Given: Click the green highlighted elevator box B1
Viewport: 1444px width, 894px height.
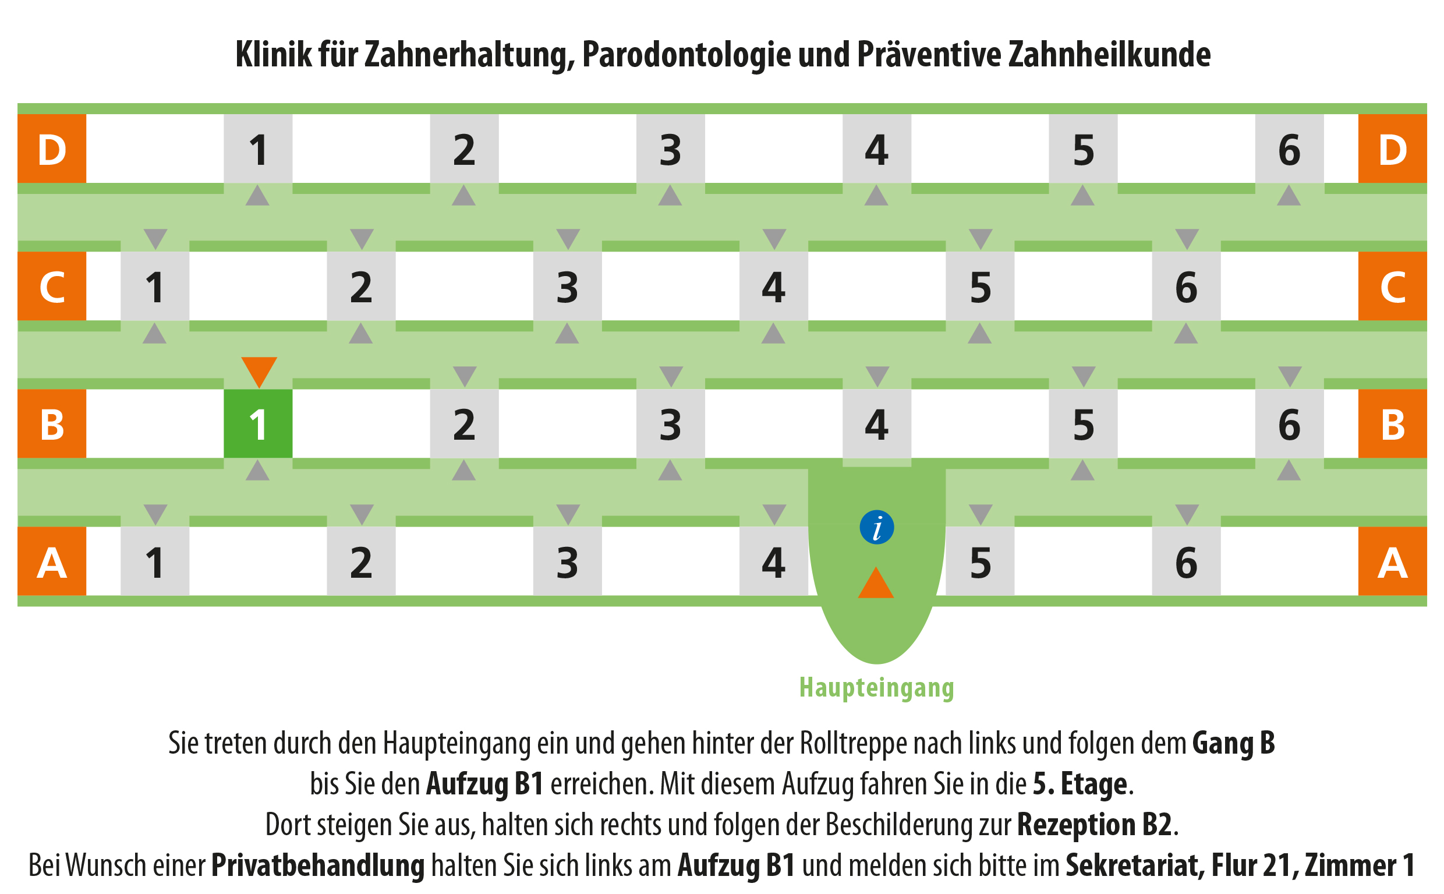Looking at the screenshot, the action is coord(258,423).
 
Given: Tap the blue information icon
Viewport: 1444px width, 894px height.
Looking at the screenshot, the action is coord(876,527).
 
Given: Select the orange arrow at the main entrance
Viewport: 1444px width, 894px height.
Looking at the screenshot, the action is coord(875,582).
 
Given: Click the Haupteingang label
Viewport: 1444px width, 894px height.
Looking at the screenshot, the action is coord(876,687).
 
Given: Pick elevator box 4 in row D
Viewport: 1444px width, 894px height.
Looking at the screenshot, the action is coord(876,149).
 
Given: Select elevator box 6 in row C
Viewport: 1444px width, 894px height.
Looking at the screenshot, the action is coord(1185,286).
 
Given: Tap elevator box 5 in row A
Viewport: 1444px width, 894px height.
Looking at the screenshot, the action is coord(980,561).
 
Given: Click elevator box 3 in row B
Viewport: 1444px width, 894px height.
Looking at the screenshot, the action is coord(670,423).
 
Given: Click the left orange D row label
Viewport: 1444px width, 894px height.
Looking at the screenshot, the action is coord(52,149).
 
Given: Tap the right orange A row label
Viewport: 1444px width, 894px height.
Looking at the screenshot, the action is coord(1392,561).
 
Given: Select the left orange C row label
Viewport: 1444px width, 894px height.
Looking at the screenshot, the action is coord(52,286).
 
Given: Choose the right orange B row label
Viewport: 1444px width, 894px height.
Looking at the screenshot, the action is coord(1392,423).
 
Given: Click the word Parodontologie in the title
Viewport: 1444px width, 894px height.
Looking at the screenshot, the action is coord(686,55).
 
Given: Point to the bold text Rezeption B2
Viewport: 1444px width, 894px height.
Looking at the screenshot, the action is coord(1094,824).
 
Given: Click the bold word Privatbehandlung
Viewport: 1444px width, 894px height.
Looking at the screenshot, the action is coord(318,865).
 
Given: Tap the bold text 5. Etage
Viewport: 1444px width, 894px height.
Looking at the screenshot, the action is coord(1080,784).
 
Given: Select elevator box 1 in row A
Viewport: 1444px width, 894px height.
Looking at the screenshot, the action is coord(155,561).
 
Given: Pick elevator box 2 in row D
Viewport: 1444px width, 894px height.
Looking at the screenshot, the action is coord(464,149).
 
